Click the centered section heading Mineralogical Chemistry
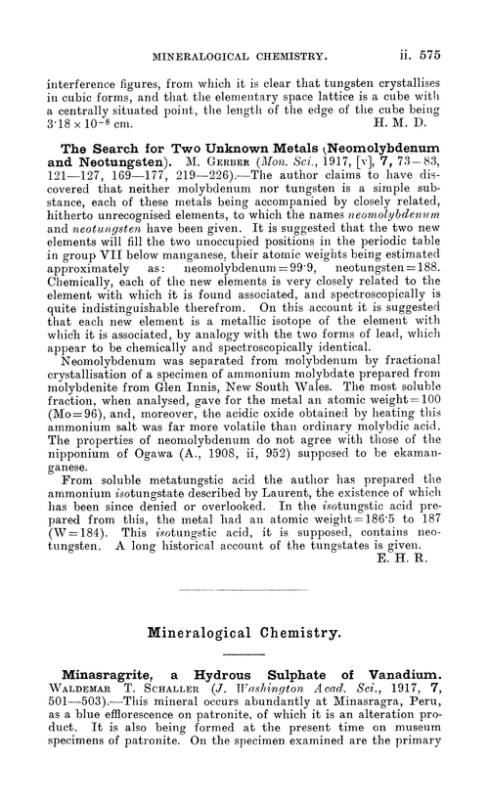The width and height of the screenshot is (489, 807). click(244, 632)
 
